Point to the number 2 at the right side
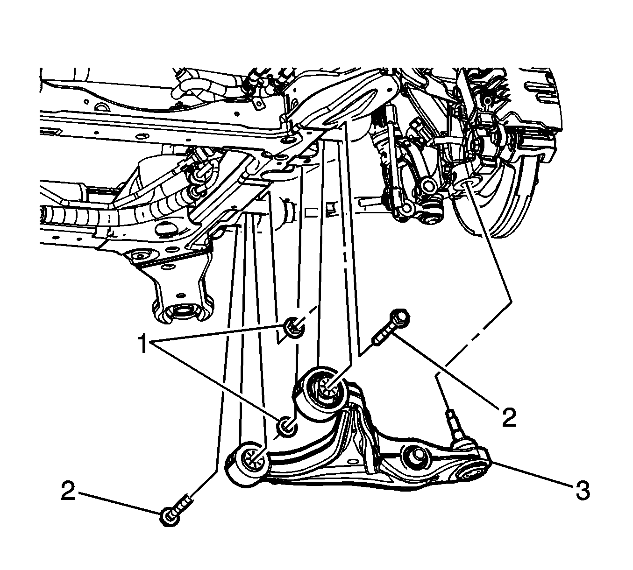(x=508, y=418)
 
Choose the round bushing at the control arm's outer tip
(x=472, y=475)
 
